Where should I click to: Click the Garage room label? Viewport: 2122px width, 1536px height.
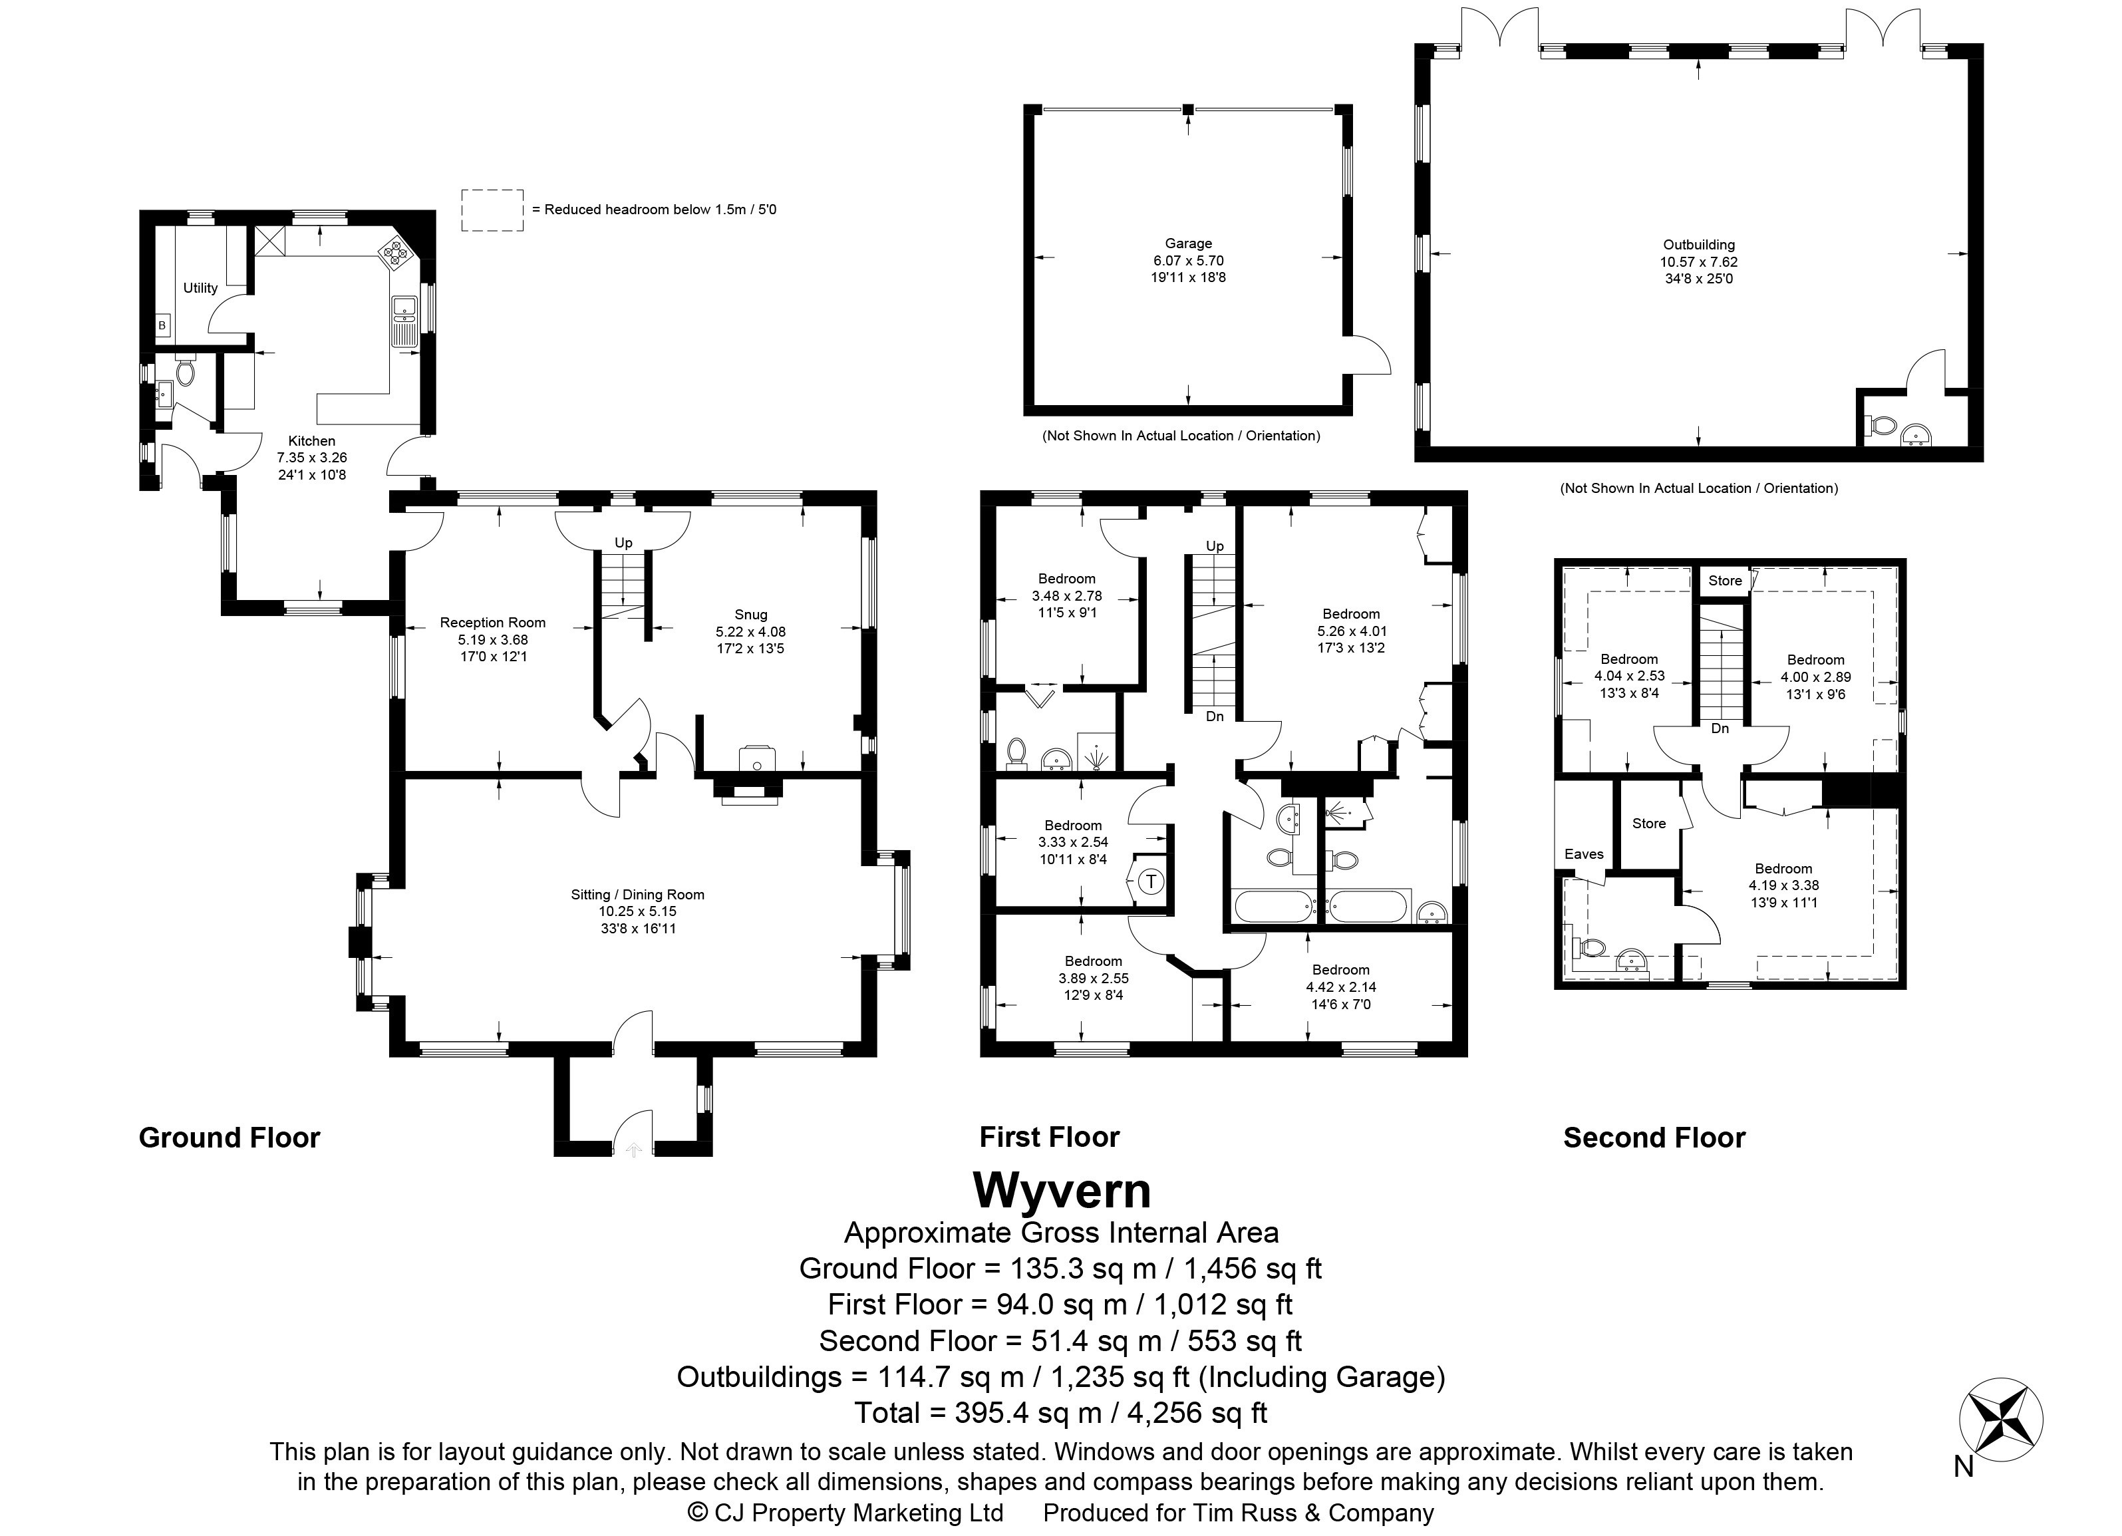(x=1188, y=243)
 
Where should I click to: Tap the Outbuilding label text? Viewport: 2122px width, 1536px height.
(x=1699, y=245)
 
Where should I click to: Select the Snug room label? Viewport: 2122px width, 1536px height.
(x=750, y=615)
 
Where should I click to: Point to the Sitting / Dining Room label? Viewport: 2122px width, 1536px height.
(x=637, y=894)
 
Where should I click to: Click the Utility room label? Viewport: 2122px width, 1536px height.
(x=200, y=288)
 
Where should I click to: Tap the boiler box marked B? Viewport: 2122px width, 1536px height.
(x=162, y=325)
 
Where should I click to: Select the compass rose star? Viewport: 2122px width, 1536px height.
(x=2002, y=1419)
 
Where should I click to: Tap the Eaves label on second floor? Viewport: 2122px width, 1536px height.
(x=1583, y=854)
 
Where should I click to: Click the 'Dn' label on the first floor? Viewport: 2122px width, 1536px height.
(x=1215, y=716)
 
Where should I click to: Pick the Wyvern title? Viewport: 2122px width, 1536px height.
(x=1062, y=1191)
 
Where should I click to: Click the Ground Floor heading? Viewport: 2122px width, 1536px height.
(x=229, y=1138)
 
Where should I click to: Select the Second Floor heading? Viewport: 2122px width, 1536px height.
(x=1654, y=1138)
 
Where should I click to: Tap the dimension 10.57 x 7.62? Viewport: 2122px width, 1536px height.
(x=1699, y=262)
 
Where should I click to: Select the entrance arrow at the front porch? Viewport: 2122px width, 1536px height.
(x=633, y=1149)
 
